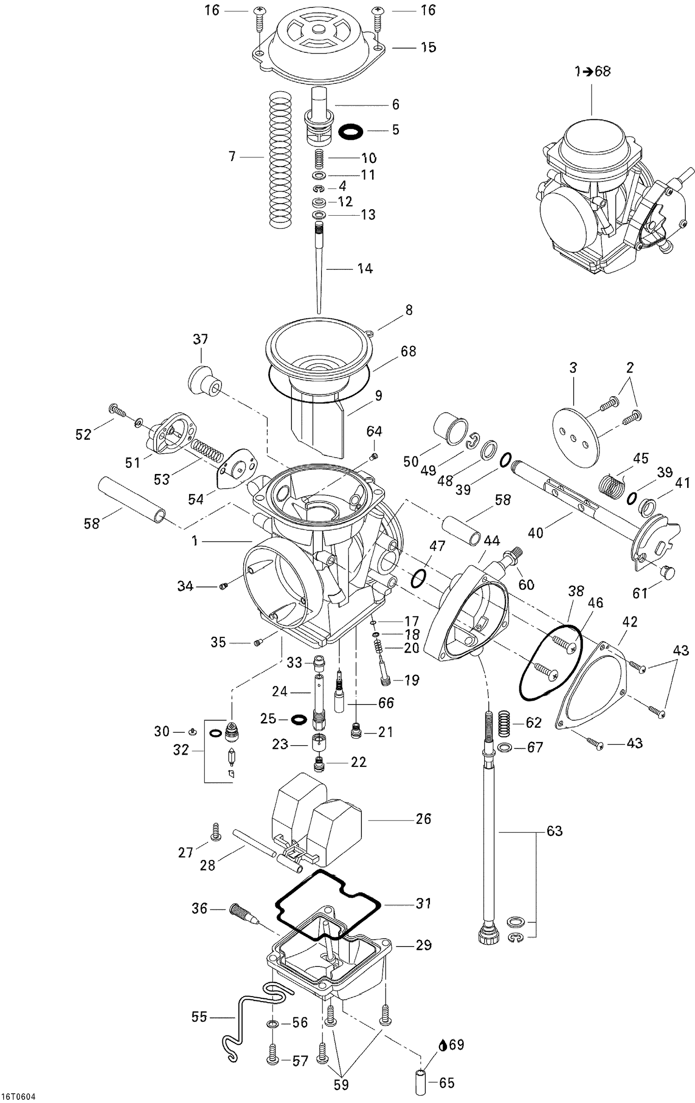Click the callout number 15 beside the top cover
point(428,47)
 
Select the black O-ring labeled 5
point(350,131)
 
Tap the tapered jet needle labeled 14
point(319,268)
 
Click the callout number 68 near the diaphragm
point(408,351)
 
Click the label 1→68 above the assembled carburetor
point(593,71)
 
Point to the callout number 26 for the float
point(423,819)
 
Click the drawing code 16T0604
point(19,1097)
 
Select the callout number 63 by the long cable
point(554,831)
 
